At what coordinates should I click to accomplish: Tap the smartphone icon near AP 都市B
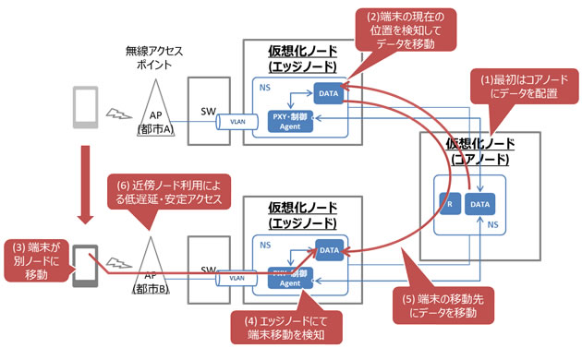85,267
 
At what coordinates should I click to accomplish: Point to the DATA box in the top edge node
329,96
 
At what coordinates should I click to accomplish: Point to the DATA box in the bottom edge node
329,249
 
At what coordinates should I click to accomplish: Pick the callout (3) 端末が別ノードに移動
34,261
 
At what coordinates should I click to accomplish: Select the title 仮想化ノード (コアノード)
479,151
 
